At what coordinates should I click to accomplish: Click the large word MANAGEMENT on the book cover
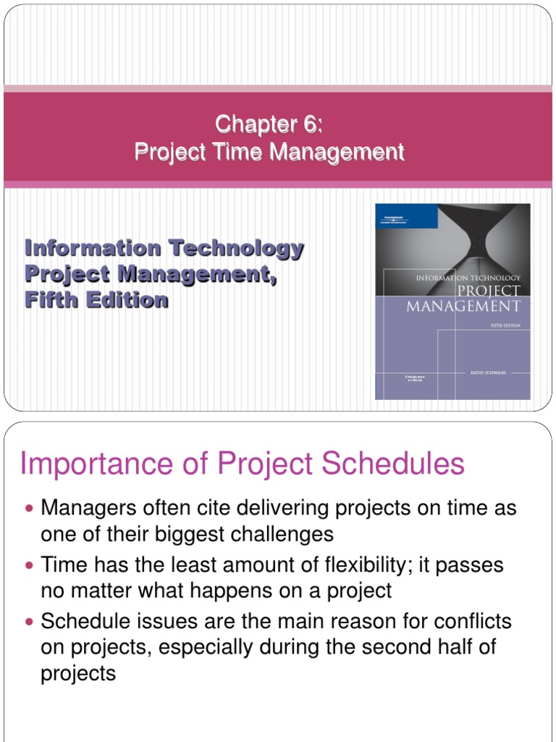click(463, 305)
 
